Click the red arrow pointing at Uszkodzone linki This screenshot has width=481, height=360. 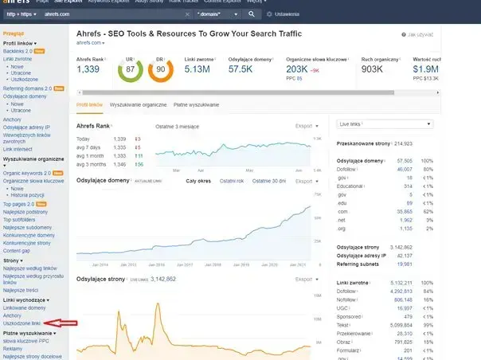tap(61, 323)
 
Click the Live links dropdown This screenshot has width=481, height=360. tap(385, 125)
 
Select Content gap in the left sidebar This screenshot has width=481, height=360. tap(18, 250)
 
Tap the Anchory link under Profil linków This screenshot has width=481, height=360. tap(14, 119)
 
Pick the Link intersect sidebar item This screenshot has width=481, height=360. tap(18, 149)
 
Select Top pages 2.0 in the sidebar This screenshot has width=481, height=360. tap(19, 205)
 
